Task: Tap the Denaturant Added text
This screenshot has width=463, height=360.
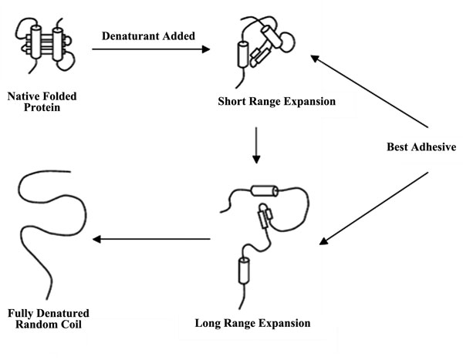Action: click(147, 35)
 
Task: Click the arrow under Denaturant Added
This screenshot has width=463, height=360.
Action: click(151, 50)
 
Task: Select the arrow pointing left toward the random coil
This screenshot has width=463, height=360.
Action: click(150, 240)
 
